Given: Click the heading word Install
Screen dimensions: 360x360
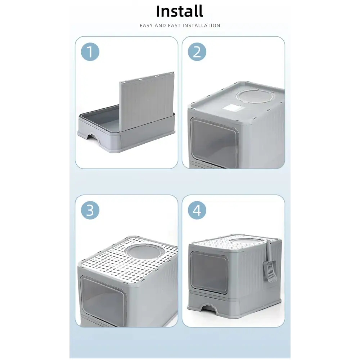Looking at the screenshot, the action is [180, 11].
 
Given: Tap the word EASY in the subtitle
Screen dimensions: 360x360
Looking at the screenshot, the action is [146, 26].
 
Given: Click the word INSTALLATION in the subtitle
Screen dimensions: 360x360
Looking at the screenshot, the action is [202, 26].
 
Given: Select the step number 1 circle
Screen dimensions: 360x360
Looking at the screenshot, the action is [90, 51].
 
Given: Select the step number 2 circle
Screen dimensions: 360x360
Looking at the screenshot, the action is [197, 51].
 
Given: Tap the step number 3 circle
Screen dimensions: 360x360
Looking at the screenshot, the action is [90, 210].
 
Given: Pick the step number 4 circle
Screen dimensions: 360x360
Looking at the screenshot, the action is [197, 210].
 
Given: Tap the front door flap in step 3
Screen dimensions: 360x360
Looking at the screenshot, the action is [103, 300].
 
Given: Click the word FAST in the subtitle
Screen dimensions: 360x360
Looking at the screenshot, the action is [174, 26].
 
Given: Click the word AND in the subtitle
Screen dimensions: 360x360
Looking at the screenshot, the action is [160, 26].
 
